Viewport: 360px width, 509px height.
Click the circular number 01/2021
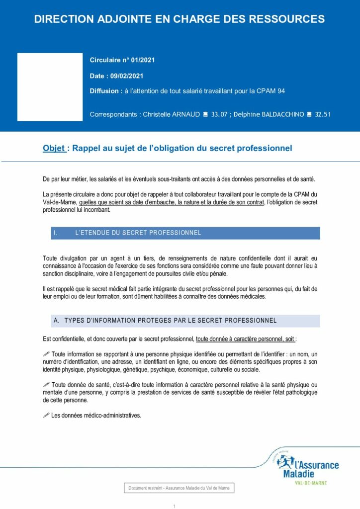143,60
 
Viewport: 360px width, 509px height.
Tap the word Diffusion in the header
104,91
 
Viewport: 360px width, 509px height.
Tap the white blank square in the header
50,87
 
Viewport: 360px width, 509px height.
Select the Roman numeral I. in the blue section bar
56,233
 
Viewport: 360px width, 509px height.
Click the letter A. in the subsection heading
56,321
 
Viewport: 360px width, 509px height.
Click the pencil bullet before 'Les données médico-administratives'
47,415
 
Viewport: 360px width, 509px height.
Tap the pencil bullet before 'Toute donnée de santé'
47,384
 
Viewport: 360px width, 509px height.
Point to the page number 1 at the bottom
175,506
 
